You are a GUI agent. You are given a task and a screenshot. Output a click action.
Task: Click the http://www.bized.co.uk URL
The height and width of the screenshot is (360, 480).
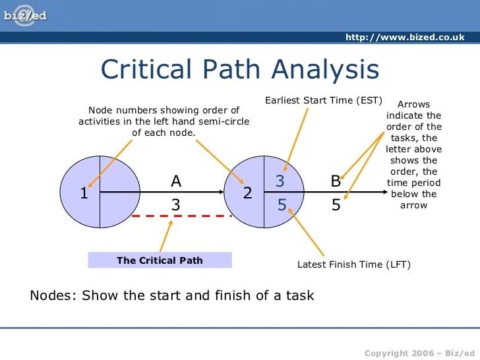click(x=405, y=37)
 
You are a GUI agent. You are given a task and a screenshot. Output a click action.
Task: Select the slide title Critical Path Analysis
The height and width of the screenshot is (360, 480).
click(x=240, y=69)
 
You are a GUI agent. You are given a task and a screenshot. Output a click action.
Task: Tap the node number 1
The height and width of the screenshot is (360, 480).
click(x=84, y=194)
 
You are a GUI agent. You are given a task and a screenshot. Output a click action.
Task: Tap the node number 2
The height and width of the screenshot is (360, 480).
click(x=247, y=193)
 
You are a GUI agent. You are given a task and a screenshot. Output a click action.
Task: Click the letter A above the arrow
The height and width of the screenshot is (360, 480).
click(x=176, y=181)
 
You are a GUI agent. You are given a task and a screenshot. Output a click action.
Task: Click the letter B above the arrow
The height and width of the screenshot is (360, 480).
click(x=336, y=181)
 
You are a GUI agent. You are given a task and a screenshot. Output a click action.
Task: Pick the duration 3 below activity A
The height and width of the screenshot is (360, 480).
click(x=176, y=205)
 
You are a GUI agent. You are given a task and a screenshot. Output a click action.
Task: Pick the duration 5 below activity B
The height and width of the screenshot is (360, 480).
click(x=336, y=205)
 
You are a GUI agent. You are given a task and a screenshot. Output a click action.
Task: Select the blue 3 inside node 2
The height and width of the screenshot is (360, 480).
click(x=281, y=181)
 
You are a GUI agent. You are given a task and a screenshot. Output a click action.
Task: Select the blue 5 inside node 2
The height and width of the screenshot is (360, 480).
click(x=282, y=205)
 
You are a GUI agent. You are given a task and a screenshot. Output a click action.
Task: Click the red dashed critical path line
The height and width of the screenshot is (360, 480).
click(x=181, y=216)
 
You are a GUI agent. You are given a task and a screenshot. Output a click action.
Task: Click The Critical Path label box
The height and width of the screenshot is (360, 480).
click(x=160, y=260)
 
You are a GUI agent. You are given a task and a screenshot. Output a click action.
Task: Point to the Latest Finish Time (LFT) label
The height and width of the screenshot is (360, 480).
click(x=354, y=265)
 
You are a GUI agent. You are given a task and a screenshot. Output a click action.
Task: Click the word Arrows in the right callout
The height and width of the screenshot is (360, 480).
click(x=414, y=104)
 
